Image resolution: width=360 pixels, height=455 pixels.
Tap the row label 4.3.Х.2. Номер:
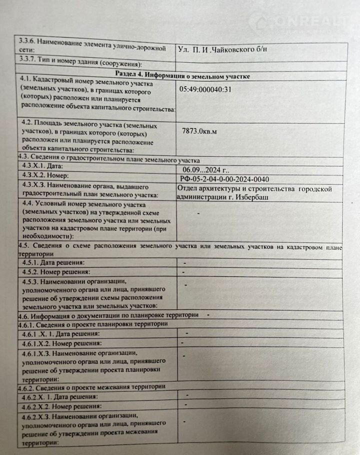pos(49,177)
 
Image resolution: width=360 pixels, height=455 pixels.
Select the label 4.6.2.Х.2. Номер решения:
pos(60,405)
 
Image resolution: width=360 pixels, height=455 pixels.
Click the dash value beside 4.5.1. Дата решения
pos(184,262)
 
